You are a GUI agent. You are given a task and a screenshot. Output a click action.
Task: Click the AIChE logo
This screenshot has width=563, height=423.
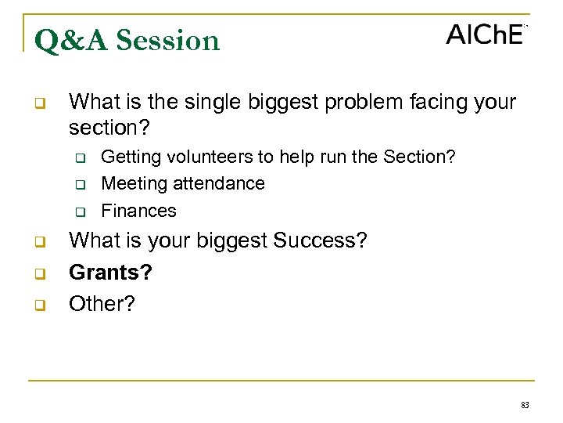coord(486,34)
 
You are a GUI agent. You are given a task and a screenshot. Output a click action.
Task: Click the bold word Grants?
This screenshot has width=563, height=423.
coord(110,272)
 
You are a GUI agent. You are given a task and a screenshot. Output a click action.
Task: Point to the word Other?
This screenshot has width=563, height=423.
coord(102,304)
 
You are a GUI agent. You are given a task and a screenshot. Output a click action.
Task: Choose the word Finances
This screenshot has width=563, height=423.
coord(139,211)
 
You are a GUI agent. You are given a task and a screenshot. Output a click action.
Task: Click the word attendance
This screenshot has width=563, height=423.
coord(219,183)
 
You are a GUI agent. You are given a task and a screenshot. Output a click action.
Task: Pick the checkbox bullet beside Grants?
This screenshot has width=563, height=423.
coord(39,273)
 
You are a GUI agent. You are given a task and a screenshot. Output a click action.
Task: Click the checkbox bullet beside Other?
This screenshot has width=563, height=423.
coord(39,305)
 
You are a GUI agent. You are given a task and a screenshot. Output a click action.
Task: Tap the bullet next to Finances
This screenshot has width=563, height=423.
coord(80,211)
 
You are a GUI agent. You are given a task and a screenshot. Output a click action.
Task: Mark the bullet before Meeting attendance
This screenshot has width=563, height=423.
coord(80,185)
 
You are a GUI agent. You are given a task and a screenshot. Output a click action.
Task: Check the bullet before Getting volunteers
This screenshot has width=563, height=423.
coord(80,157)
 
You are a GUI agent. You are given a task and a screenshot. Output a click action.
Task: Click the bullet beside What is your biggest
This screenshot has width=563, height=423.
coord(39,241)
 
